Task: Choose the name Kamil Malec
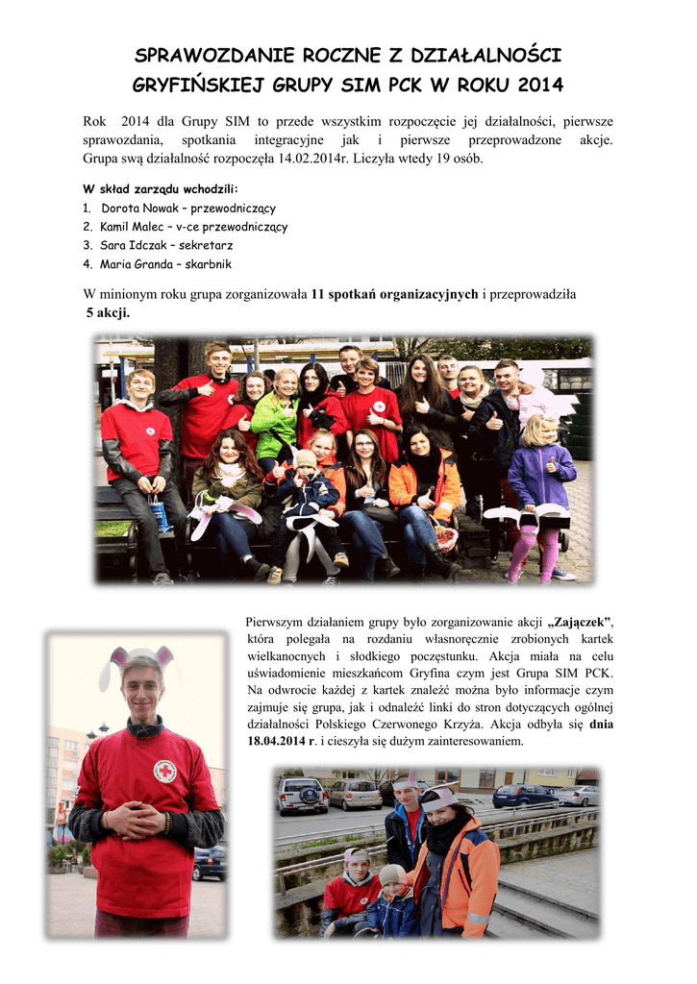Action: tap(131, 227)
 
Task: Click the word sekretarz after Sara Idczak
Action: tap(204, 245)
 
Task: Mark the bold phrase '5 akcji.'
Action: tap(108, 313)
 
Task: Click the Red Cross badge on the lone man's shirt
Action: tap(165, 771)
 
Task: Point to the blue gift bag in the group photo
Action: tap(159, 515)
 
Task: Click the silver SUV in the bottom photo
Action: tap(303, 795)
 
